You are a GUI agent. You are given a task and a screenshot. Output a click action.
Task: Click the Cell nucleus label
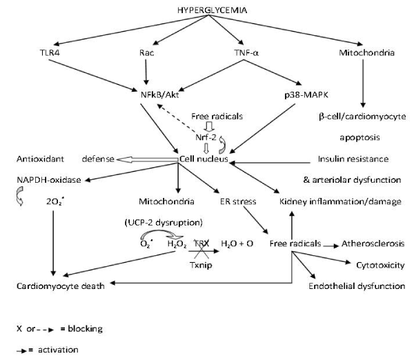[x=202, y=160]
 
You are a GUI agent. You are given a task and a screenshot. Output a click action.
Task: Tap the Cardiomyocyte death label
[x=61, y=285]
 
